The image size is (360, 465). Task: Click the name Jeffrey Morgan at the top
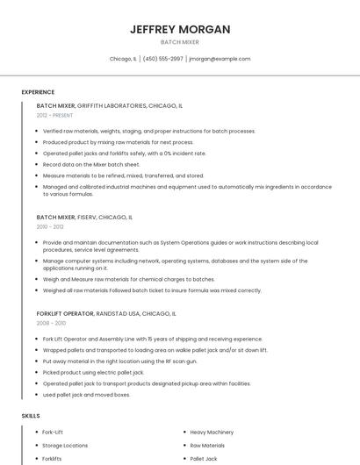tap(180, 29)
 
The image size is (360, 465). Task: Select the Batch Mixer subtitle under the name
tap(180, 42)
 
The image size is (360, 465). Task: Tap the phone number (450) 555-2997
tap(162, 59)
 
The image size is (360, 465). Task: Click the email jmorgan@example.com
tap(220, 59)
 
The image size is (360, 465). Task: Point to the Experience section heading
tap(38, 92)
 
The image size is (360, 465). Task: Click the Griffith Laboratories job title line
tap(110, 105)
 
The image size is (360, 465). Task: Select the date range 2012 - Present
tap(54, 115)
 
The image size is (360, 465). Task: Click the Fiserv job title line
tap(84, 217)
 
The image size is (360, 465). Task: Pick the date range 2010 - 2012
tap(50, 226)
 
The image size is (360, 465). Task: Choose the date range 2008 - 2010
tap(50, 323)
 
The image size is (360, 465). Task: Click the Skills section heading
tap(31, 415)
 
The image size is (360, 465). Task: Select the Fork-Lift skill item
tap(53, 432)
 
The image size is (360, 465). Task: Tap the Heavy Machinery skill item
tap(212, 432)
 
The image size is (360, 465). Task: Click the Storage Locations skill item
tap(65, 445)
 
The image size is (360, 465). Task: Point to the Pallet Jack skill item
tap(204, 458)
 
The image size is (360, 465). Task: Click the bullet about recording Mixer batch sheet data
tap(91, 164)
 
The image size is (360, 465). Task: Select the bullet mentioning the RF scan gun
tap(120, 361)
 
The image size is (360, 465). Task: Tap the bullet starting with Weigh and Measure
tap(128, 279)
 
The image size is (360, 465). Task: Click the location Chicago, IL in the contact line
tap(123, 59)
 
